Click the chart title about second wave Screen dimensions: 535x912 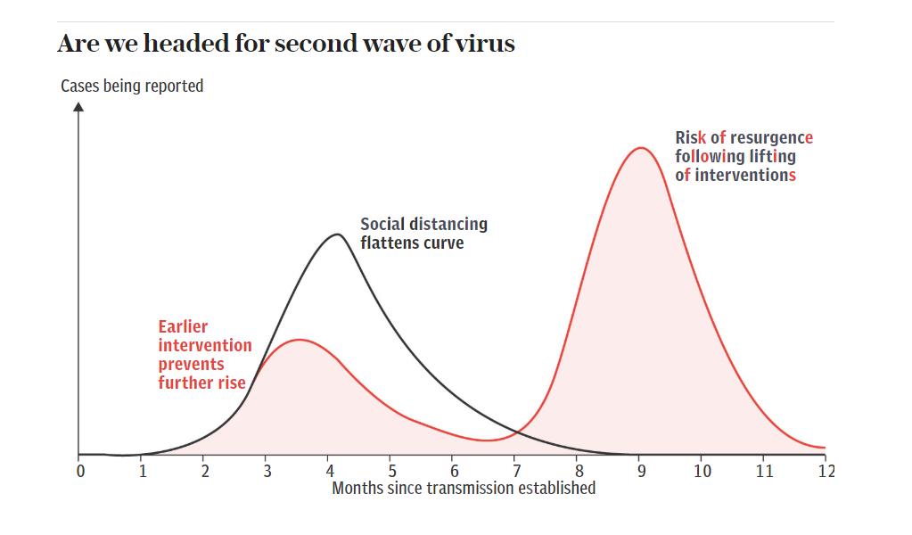point(285,44)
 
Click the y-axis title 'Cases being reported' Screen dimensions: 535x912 point(132,86)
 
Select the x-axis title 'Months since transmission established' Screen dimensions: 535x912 point(464,488)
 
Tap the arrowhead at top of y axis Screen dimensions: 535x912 point(78,107)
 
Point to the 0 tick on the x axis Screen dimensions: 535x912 point(80,471)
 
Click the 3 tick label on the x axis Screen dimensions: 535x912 point(267,471)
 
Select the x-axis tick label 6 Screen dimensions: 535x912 point(454,471)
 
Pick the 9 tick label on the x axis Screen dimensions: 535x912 point(641,471)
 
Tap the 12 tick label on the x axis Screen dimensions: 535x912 point(826,471)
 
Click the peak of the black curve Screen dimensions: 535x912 point(337,235)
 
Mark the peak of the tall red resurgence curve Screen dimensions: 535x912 point(640,148)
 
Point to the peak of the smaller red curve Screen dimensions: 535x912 point(300,340)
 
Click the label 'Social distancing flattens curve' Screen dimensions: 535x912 point(423,233)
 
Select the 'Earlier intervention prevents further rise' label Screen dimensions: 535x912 point(204,355)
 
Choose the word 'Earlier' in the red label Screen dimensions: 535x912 point(183,326)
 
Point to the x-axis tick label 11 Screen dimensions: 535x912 point(764,471)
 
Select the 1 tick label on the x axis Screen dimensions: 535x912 point(143,471)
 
